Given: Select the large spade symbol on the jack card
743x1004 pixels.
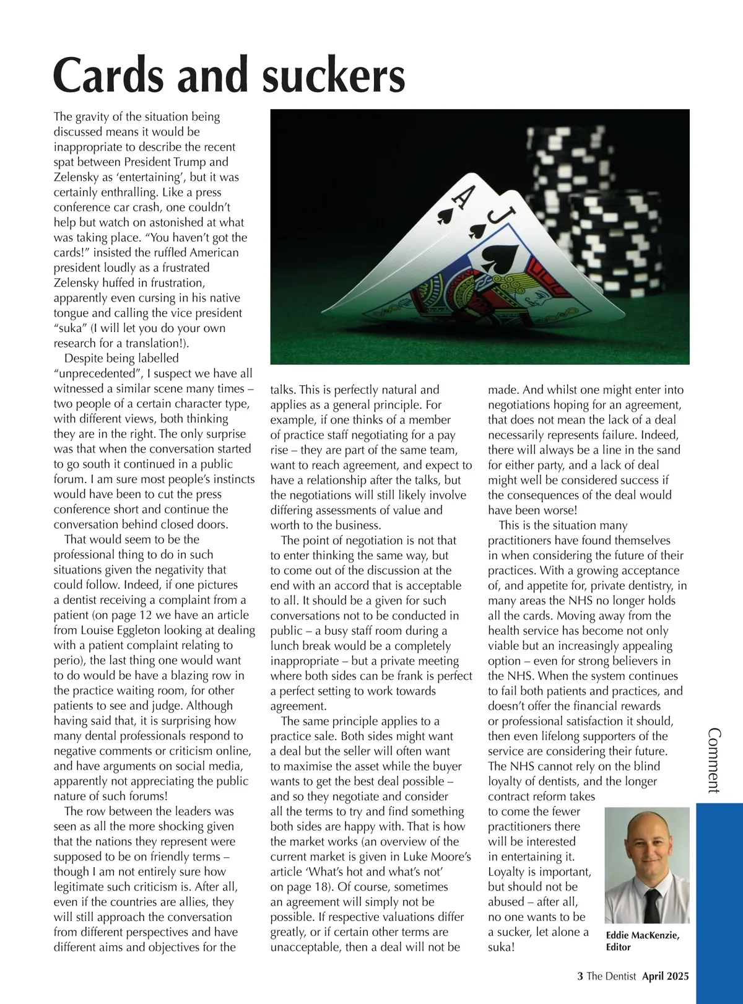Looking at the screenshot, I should click(500, 257).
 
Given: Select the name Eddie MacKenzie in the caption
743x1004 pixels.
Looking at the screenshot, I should click(642, 935).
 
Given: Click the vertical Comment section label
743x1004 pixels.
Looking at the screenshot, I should click(714, 761).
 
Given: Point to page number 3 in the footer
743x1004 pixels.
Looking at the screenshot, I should click(580, 976).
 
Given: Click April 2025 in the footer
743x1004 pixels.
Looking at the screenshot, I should click(665, 976).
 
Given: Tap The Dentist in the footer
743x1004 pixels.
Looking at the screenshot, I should click(611, 976).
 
